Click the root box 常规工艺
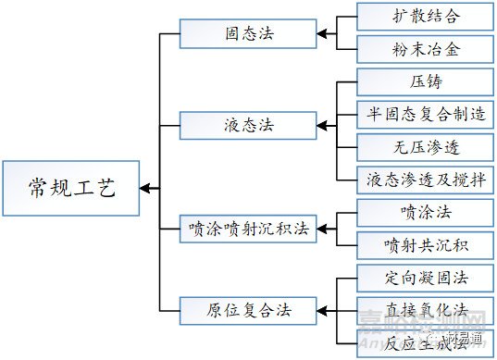[x=70, y=188]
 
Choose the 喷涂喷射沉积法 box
[x=248, y=227]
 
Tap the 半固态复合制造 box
[x=425, y=114]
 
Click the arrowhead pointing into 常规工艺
[x=148, y=188]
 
